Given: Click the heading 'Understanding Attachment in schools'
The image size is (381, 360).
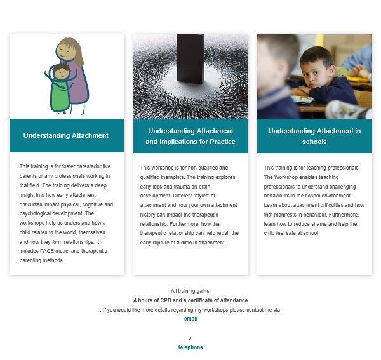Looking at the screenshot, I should pyautogui.click(x=314, y=136).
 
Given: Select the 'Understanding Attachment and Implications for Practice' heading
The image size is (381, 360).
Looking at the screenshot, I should pyautogui.click(x=190, y=136).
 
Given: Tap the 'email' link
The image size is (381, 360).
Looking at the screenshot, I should pyautogui.click(x=190, y=319).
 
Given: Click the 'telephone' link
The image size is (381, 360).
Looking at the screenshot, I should pyautogui.click(x=190, y=347).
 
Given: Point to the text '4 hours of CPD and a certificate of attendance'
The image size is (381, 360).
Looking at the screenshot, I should pyautogui.click(x=190, y=300).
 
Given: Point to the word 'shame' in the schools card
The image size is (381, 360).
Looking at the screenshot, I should pyautogui.click(x=314, y=223).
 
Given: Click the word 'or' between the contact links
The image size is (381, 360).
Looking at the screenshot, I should pyautogui.click(x=190, y=338).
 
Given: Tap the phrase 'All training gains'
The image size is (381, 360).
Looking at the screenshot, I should pyautogui.click(x=190, y=290).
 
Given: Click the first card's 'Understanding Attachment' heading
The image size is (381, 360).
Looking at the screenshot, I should pyautogui.click(x=66, y=135).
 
